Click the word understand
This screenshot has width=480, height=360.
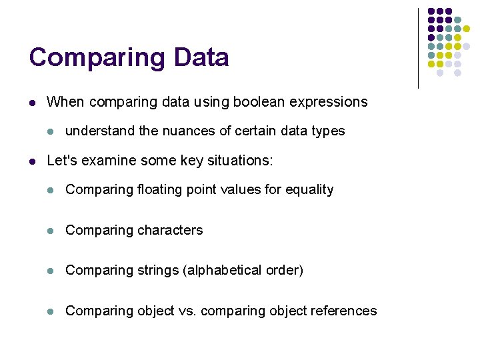coord(100,131)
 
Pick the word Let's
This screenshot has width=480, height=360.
coord(62,161)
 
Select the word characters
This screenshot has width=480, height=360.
coord(169,230)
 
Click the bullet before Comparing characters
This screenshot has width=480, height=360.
coord(49,231)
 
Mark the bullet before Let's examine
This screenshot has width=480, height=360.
coord(31,161)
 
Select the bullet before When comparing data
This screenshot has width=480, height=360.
coord(31,103)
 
